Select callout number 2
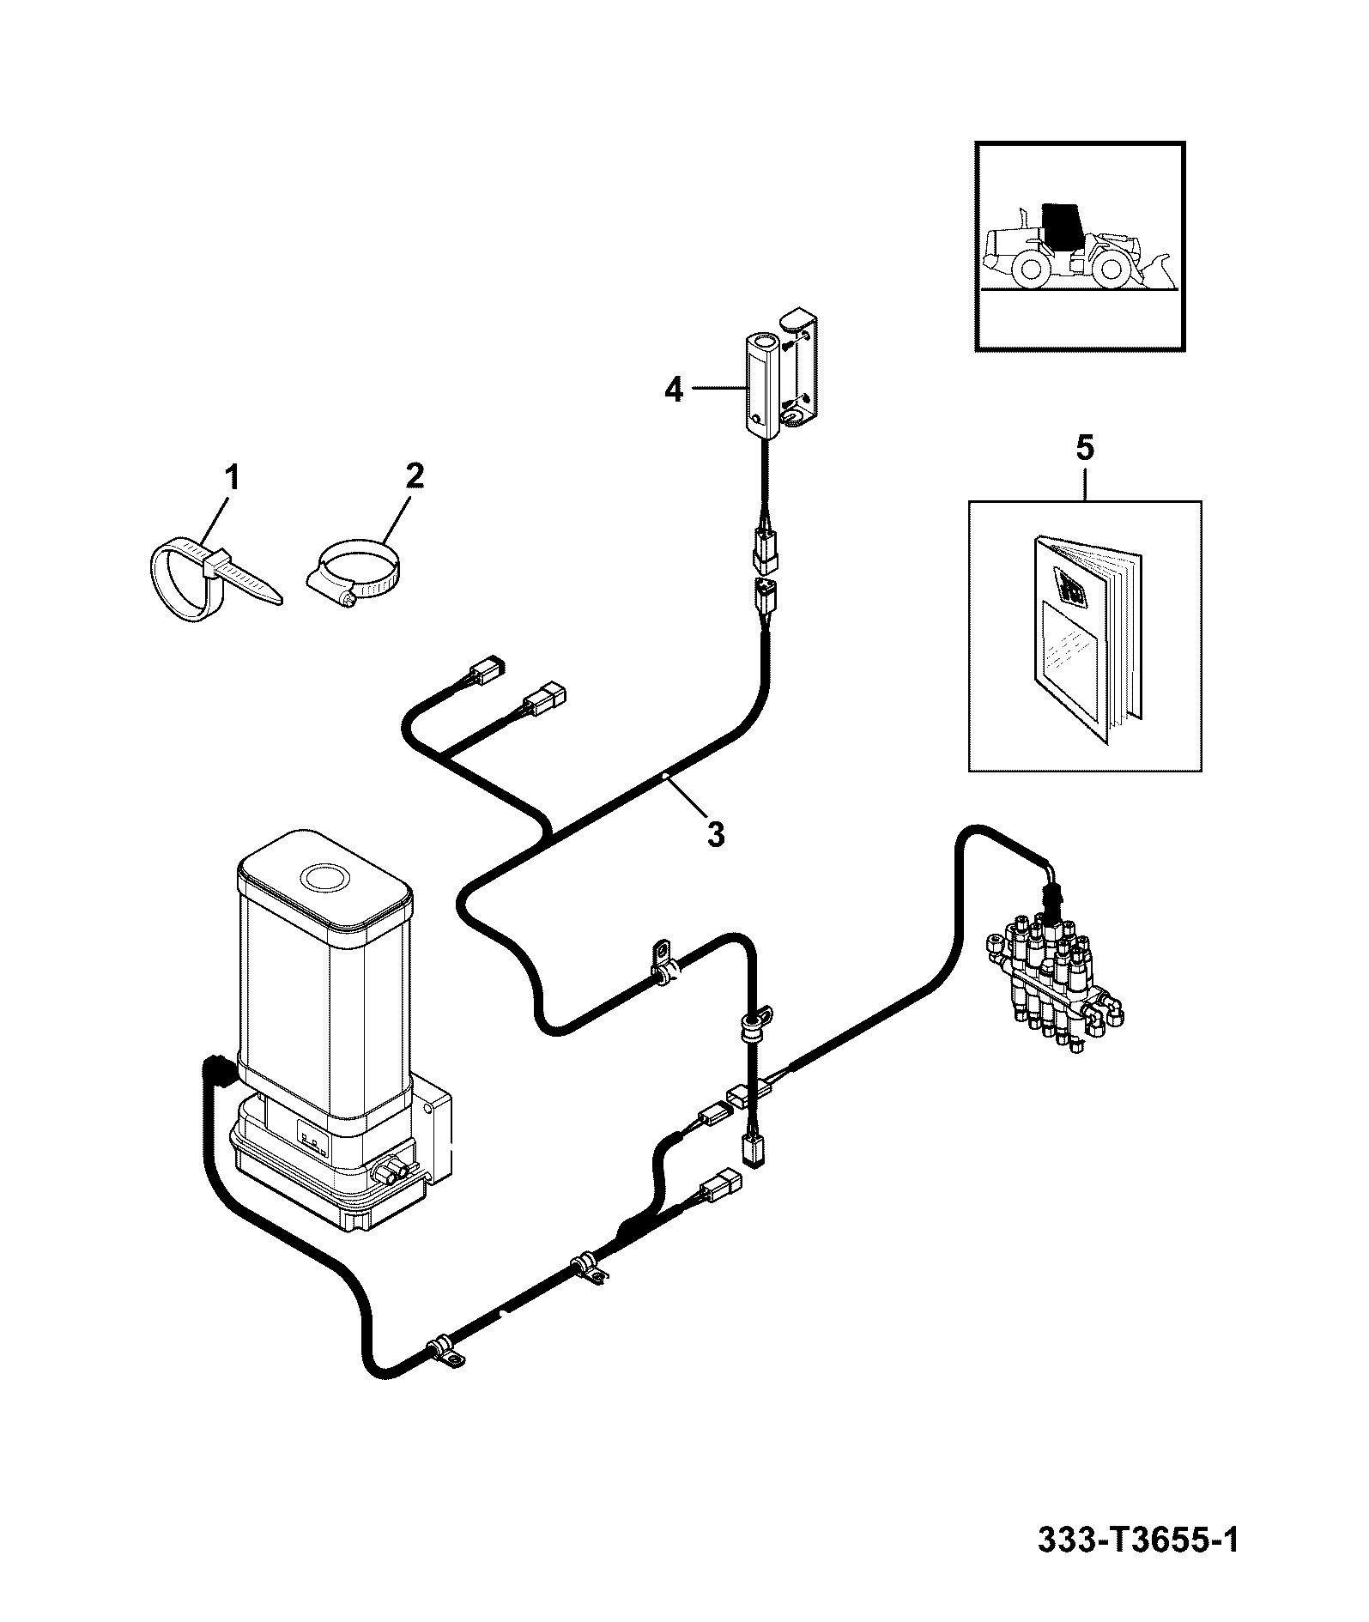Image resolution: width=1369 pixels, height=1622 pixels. (415, 476)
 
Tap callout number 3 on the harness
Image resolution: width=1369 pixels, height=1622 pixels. (716, 833)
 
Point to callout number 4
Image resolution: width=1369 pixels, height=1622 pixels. (674, 390)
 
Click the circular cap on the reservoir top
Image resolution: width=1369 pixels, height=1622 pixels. (324, 877)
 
